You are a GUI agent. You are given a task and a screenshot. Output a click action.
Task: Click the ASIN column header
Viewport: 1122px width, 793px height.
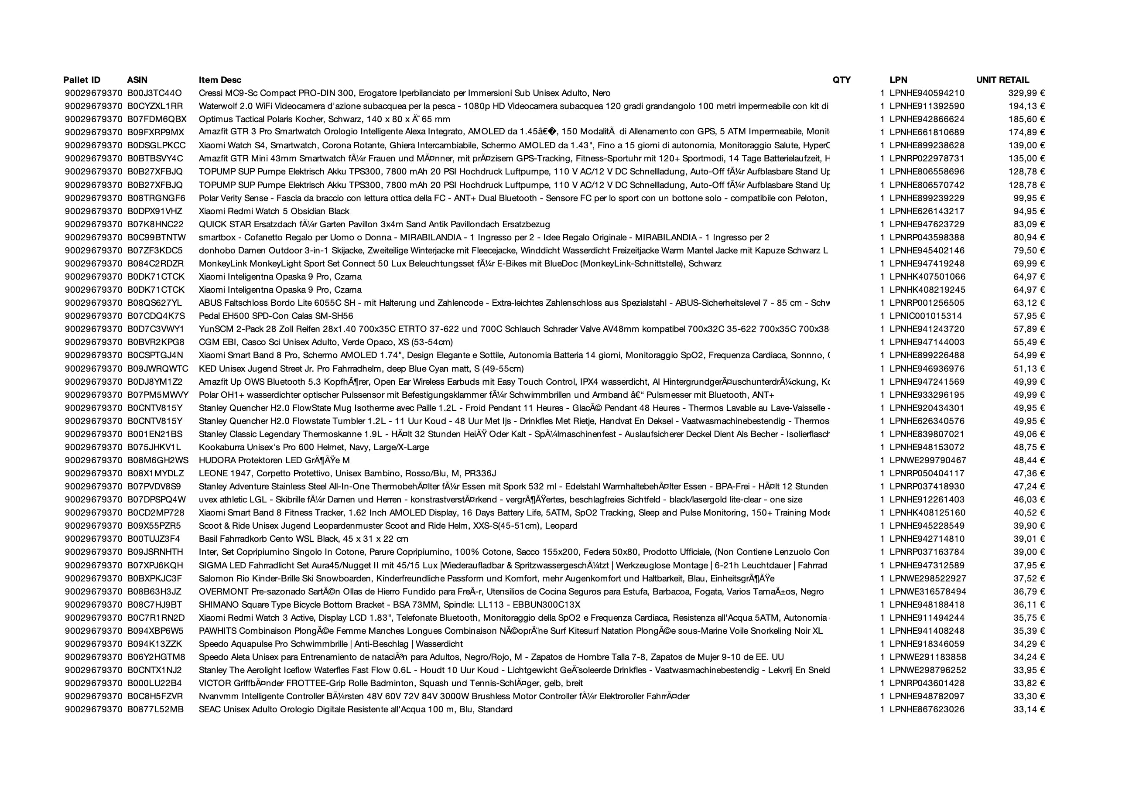(137, 80)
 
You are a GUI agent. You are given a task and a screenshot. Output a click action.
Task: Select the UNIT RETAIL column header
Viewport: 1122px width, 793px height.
(1002, 80)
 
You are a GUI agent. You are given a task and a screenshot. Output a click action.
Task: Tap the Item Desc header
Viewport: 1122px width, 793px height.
(220, 80)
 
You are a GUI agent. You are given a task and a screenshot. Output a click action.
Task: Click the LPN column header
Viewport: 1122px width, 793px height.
(898, 80)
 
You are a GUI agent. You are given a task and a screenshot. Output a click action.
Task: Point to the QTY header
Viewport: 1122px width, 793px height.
(841, 80)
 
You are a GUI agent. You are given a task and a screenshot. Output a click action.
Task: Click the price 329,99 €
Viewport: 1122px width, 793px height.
(1026, 93)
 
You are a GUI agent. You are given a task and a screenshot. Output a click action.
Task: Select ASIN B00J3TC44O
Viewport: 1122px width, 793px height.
(154, 93)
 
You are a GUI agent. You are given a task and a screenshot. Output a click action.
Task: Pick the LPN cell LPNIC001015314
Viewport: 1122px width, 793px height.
(926, 316)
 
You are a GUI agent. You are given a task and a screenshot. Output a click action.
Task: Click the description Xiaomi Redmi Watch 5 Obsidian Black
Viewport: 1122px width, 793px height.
(274, 212)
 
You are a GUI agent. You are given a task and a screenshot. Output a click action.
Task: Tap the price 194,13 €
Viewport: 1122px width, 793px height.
(1026, 106)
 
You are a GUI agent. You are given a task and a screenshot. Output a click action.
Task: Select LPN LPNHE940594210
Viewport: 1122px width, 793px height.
(927, 93)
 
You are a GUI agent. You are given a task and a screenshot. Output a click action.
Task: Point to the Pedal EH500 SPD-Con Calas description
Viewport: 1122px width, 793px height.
(276, 316)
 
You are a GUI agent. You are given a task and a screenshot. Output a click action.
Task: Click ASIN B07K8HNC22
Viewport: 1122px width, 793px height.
(155, 225)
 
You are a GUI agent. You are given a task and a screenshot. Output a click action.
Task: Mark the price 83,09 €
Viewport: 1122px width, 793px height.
(1029, 225)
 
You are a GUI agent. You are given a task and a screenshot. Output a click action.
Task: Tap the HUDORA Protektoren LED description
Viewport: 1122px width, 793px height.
(274, 461)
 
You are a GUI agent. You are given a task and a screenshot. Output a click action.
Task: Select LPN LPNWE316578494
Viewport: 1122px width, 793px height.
(927, 591)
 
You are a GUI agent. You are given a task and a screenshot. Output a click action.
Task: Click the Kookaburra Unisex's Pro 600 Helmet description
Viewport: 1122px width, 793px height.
(314, 448)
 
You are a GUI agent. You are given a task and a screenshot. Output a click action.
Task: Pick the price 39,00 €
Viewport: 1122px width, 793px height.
(1029, 552)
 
